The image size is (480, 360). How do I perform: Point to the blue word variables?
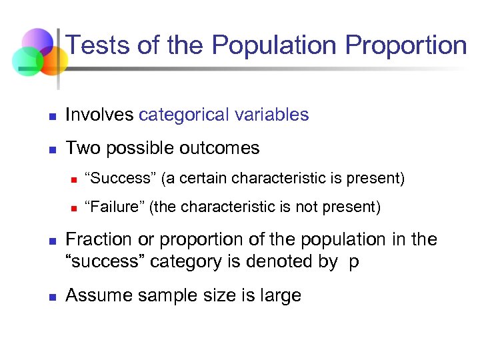tap(271, 115)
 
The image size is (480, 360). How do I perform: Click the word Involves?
tap(99, 115)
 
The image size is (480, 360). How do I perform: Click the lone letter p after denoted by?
tap(353, 262)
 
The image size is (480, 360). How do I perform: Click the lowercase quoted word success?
tap(105, 262)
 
